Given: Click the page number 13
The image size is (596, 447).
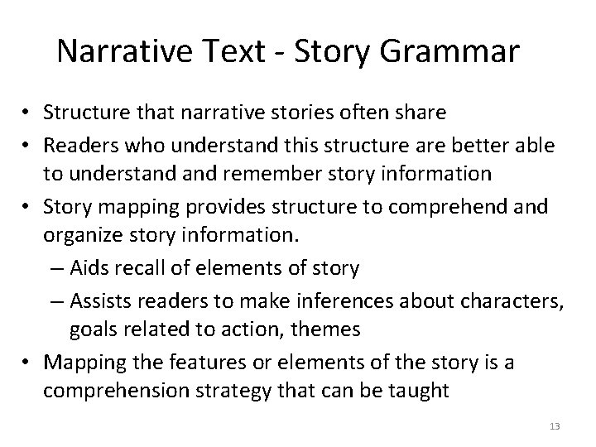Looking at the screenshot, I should tap(555, 426).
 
